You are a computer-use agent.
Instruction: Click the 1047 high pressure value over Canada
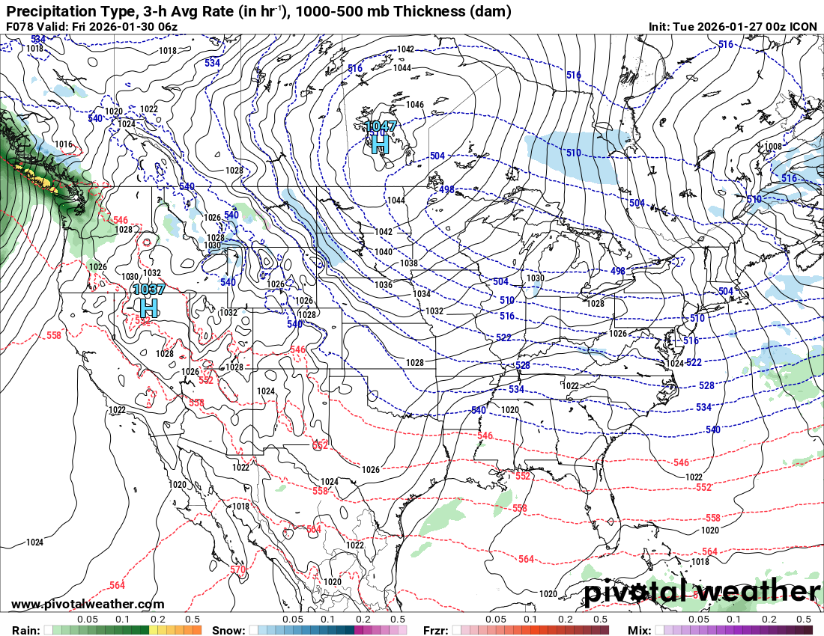click(381, 126)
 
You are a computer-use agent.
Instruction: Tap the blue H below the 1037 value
click(149, 306)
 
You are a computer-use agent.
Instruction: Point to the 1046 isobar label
click(415, 105)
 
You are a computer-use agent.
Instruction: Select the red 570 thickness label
click(237, 569)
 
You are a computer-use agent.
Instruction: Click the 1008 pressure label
click(772, 147)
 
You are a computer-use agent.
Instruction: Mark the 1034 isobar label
click(422, 294)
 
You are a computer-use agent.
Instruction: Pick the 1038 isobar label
click(409, 263)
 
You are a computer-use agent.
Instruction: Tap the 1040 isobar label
click(384, 252)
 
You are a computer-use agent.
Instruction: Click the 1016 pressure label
click(64, 144)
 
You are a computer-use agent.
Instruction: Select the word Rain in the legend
click(25, 630)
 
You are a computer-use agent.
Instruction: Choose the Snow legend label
click(228, 630)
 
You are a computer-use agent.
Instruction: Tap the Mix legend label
click(639, 630)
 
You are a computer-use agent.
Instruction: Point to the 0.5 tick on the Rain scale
click(193, 620)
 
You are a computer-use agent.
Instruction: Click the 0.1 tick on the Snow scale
click(327, 620)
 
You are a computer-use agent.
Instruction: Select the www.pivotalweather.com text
click(88, 604)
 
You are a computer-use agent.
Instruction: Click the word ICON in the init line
click(804, 27)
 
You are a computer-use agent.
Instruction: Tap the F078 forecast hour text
click(20, 27)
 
